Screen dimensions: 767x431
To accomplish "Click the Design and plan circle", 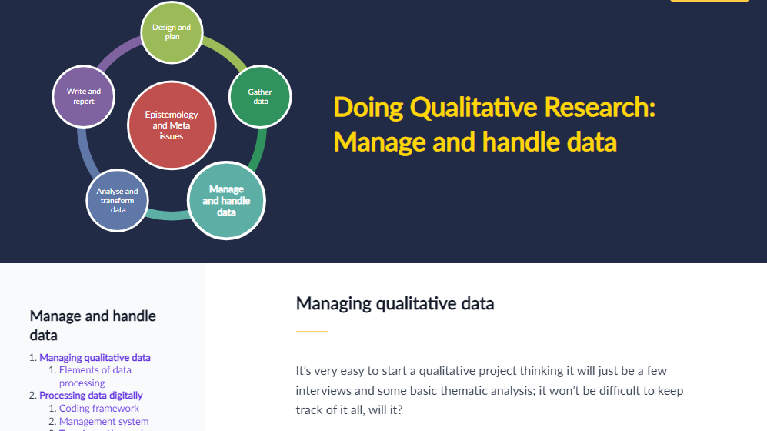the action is click(x=172, y=32).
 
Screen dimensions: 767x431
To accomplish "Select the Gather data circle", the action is click(x=260, y=96).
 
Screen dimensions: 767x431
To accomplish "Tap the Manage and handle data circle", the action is click(x=226, y=201).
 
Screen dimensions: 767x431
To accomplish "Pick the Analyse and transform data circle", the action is click(x=118, y=201).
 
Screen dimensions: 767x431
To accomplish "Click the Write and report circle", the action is click(x=84, y=96).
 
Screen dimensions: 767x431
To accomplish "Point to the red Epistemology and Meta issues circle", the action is click(x=172, y=125).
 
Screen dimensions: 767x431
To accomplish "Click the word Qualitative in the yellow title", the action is click(x=474, y=107).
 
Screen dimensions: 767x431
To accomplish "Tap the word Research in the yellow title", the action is click(x=599, y=107).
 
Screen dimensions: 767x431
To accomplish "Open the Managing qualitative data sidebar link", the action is click(x=95, y=358).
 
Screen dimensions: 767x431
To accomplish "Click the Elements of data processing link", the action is click(x=95, y=376).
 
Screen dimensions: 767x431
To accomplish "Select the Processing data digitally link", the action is click(x=91, y=396).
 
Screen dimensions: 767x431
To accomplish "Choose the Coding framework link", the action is click(x=98, y=408).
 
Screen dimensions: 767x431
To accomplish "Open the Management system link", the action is click(x=104, y=421).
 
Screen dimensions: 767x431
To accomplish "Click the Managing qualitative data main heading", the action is click(x=395, y=304).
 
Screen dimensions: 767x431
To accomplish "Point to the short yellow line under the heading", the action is click(x=312, y=332).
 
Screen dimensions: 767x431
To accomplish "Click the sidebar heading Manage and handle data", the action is click(x=92, y=326).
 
